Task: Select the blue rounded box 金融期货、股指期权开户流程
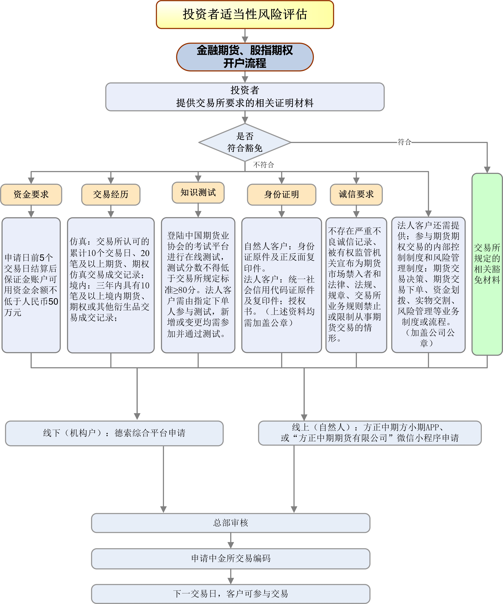[x=245, y=57]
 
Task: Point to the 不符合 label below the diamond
[x=263, y=165]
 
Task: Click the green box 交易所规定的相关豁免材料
[x=487, y=264]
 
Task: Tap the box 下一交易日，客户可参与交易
[x=231, y=594]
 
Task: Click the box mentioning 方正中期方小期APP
[x=370, y=433]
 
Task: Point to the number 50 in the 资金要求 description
[x=53, y=301]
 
